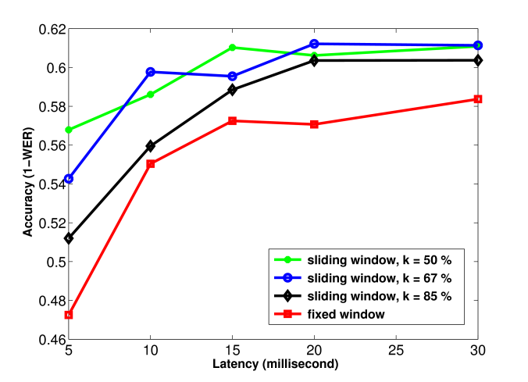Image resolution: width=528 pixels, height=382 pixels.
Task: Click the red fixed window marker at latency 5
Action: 69,315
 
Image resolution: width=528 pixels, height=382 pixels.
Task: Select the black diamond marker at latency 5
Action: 69,238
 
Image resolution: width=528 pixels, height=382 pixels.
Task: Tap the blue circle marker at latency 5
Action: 69,179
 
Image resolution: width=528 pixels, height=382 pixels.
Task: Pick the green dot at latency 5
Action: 69,130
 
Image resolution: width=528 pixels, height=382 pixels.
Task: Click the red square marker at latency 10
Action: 151,164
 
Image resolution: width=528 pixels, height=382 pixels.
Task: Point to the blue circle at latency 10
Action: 151,72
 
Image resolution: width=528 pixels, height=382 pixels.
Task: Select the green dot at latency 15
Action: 232,48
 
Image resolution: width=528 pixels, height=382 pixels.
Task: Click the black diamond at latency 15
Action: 232,90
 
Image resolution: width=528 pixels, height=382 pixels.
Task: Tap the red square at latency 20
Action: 314,124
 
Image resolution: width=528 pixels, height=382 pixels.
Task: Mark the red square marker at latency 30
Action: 477,99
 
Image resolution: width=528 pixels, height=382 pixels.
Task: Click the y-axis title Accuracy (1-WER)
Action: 28,184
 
